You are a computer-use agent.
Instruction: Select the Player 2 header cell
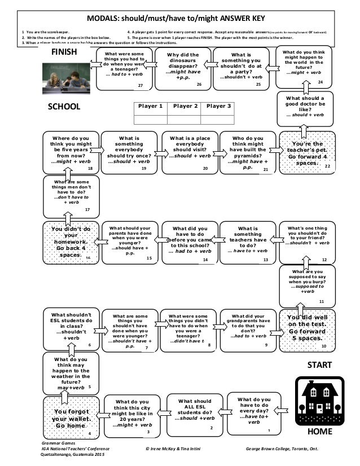[183, 106]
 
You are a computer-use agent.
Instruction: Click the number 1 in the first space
[269, 430]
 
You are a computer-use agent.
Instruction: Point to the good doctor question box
[306, 107]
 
